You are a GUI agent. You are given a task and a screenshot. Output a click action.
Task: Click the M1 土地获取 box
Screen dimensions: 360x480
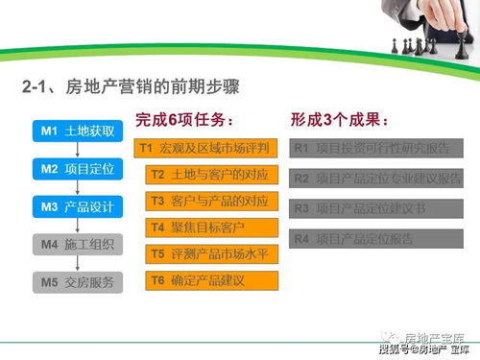(78, 131)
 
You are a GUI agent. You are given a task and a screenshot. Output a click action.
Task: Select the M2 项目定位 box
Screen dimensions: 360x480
(78, 168)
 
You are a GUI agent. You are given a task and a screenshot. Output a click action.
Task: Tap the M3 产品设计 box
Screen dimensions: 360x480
(78, 206)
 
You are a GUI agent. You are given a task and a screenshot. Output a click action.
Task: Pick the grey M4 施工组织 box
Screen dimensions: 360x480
(78, 244)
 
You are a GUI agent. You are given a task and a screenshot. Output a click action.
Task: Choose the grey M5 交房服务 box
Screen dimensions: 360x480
(78, 282)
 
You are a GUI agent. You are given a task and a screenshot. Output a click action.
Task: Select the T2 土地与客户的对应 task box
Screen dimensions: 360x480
(213, 175)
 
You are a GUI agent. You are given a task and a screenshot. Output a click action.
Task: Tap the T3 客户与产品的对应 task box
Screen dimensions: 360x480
(213, 201)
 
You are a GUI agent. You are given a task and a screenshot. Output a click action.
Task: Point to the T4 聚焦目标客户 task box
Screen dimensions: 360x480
(213, 228)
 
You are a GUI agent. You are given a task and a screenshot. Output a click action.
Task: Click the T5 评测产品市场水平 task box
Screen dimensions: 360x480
(213, 254)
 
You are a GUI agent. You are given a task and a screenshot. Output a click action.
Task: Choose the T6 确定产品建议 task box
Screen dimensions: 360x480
(213, 281)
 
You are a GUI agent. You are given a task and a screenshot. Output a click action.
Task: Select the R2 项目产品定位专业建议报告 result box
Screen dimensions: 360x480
(376, 178)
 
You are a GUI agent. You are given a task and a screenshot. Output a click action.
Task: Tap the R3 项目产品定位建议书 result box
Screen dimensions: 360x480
(376, 207)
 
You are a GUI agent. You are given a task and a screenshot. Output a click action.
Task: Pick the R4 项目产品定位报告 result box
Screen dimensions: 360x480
(376, 237)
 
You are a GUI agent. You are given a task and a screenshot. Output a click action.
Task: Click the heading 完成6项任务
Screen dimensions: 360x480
(183, 120)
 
